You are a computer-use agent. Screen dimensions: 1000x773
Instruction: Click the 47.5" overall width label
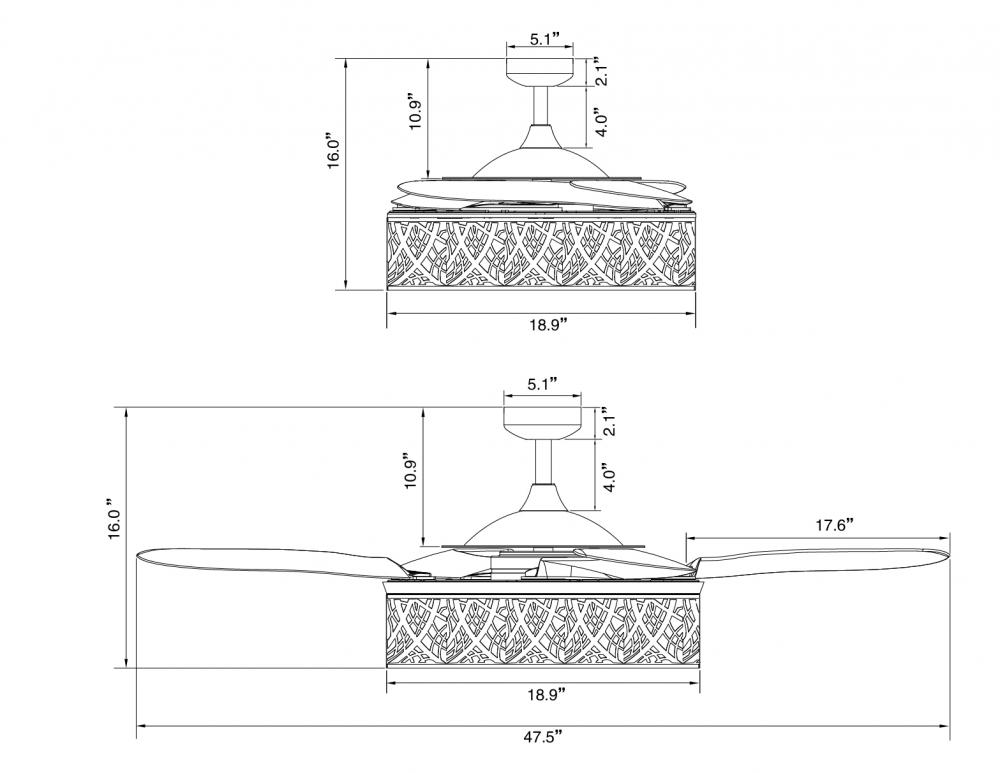click(x=543, y=738)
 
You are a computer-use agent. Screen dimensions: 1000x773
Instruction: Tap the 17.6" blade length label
click(x=835, y=526)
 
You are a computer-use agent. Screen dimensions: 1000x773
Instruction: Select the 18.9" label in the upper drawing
click(x=548, y=325)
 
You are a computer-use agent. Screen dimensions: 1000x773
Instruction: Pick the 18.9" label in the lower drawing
click(x=547, y=695)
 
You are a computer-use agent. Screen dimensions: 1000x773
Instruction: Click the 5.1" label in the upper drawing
click(x=545, y=39)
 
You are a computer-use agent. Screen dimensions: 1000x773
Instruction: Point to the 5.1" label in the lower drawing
click(x=543, y=384)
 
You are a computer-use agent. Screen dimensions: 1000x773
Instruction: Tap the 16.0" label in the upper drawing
click(x=334, y=151)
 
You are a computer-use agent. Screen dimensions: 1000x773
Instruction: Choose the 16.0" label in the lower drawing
click(x=114, y=519)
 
